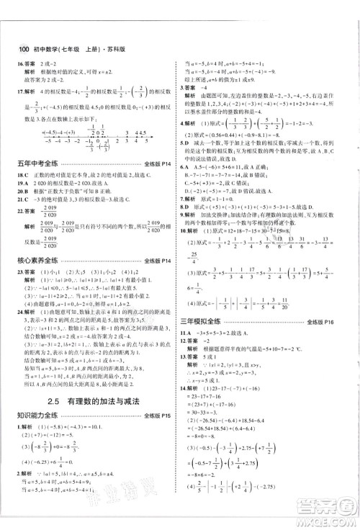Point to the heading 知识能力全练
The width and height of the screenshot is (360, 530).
point(40,434)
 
